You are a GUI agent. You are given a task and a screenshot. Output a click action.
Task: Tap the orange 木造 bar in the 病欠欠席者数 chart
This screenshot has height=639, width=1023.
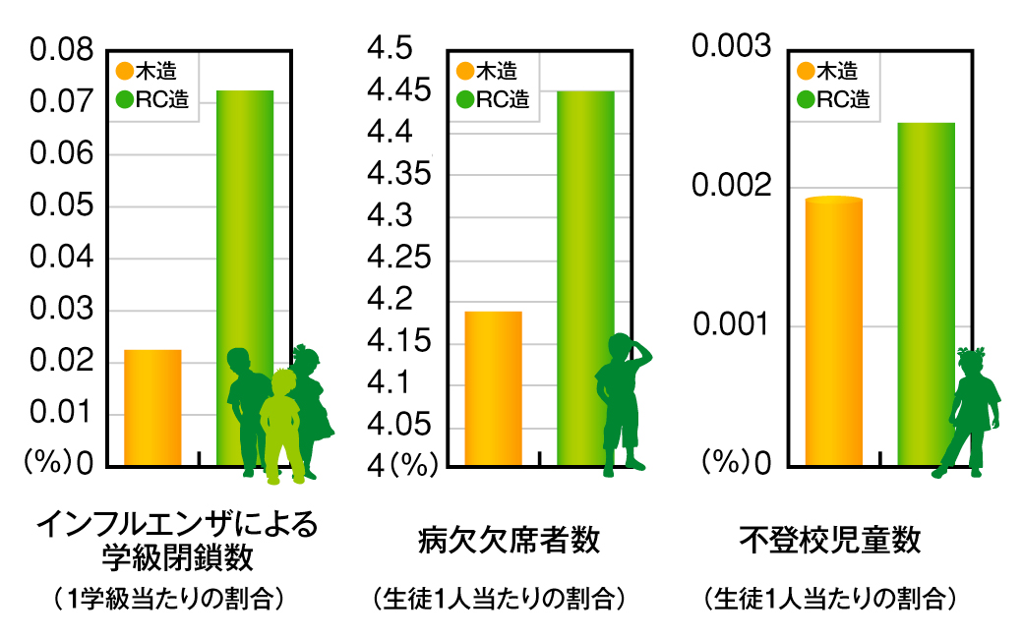493,387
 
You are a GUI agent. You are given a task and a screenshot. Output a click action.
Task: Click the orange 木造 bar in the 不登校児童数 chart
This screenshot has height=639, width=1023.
833,330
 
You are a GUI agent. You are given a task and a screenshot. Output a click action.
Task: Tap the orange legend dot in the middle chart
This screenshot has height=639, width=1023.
465,71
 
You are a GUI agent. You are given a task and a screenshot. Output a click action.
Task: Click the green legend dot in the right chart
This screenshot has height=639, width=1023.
807,99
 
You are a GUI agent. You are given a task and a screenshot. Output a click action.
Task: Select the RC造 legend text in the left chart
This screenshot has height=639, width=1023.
161,99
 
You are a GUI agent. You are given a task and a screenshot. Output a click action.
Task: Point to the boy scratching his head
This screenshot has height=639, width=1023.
620,403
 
